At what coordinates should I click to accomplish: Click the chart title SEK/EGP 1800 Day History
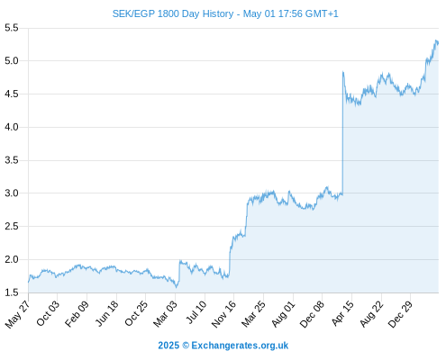[173, 13]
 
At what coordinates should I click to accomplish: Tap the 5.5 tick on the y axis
[12, 28]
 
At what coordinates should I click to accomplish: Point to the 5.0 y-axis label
[12, 61]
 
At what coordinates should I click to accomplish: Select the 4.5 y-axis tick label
[12, 94]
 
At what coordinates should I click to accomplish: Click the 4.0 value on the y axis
[12, 127]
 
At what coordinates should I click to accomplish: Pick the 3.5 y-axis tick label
[12, 160]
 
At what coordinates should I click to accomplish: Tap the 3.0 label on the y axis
[12, 193]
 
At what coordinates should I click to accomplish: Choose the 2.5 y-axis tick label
[12, 227]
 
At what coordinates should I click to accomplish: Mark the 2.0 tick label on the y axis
[12, 259]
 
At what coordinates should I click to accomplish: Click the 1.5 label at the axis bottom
[12, 292]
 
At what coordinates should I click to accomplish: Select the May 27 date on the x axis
[18, 314]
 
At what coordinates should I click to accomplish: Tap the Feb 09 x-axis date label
[77, 314]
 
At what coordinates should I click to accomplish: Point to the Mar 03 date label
[165, 314]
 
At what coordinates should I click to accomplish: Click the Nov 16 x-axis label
[223, 314]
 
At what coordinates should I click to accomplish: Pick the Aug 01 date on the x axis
[283, 314]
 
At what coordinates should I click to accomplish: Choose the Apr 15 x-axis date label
[341, 314]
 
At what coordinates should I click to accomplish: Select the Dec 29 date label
[400, 314]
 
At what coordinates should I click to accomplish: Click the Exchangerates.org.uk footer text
[240, 346]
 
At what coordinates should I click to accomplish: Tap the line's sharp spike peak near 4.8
[343, 72]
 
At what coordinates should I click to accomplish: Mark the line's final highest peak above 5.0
[436, 40]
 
